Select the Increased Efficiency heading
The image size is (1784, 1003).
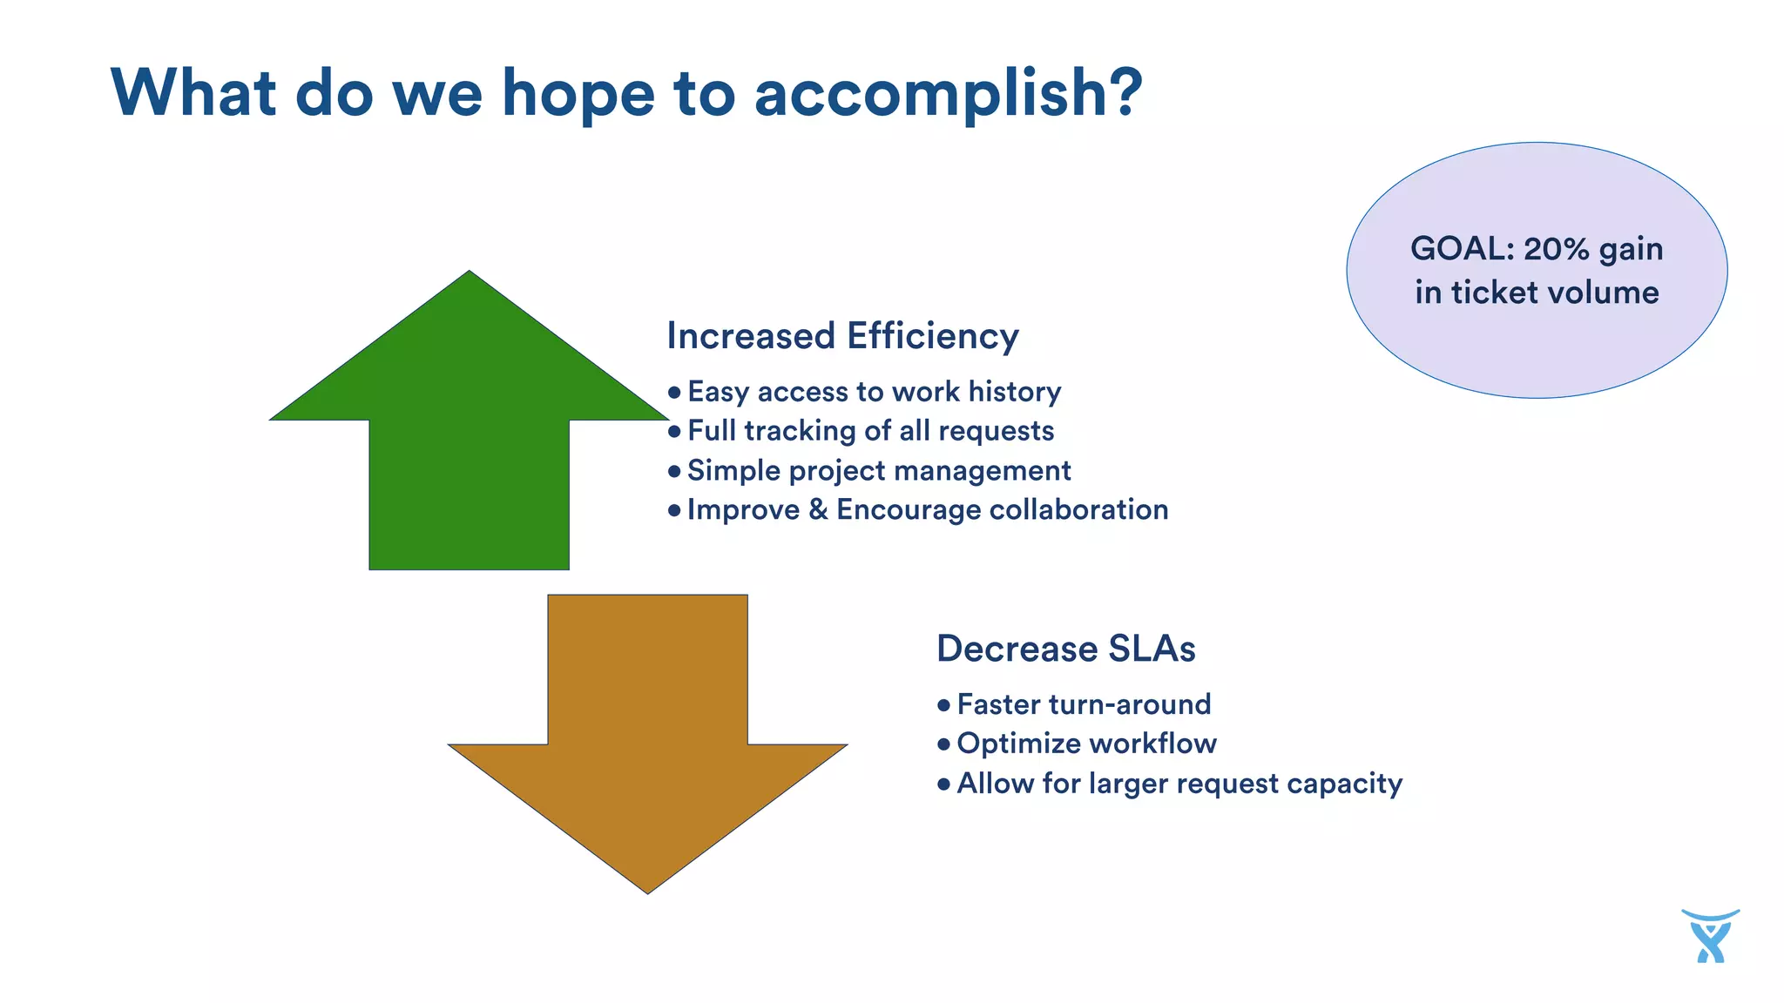tap(842, 336)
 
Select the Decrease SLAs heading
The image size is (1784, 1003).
tap(1065, 649)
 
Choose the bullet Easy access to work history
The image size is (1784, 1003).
tap(874, 392)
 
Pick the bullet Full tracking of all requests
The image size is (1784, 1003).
tap(870, 431)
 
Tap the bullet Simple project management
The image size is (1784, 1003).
tap(878, 470)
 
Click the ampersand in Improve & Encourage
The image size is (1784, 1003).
tap(817, 509)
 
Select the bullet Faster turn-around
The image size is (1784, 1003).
tap(1083, 704)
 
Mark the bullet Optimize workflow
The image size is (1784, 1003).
tap(1085, 744)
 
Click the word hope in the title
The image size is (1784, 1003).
tap(578, 94)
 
